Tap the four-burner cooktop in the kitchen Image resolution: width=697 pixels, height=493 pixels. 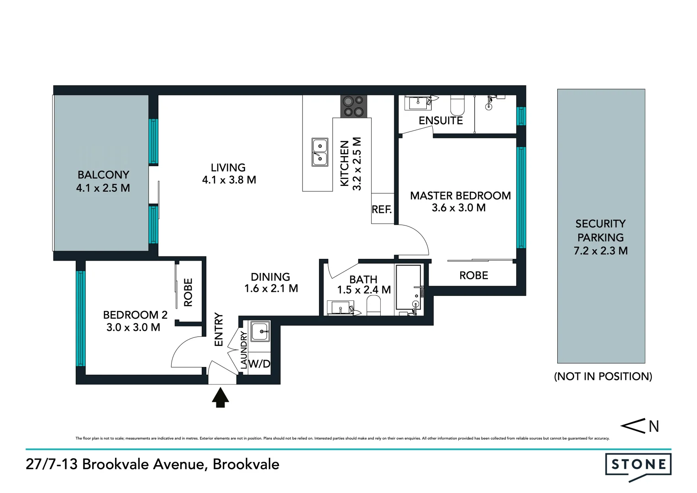click(354, 106)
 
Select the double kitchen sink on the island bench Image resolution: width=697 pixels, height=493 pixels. click(320, 152)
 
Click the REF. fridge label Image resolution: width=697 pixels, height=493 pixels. click(382, 210)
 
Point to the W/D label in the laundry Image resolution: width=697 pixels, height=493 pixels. click(259, 364)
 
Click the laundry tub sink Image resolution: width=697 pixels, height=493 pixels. click(260, 330)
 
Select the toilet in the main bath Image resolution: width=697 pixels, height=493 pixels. click(373, 305)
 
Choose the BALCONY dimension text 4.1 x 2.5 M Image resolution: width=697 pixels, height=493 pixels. click(103, 188)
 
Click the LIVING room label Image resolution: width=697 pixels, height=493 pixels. click(228, 168)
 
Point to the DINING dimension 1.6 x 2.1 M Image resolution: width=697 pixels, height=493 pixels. click(271, 288)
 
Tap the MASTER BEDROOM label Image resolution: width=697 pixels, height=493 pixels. click(460, 195)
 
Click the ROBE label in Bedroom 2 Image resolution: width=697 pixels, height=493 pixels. click(188, 292)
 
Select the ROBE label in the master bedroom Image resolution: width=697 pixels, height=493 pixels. click(474, 275)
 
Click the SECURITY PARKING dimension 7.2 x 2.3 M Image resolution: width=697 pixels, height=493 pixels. click(600, 251)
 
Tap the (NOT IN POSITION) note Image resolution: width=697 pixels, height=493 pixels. click(603, 376)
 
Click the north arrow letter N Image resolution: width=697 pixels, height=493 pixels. click(654, 426)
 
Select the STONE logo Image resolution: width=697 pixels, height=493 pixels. click(638, 465)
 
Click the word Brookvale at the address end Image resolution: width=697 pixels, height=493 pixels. click(246, 464)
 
